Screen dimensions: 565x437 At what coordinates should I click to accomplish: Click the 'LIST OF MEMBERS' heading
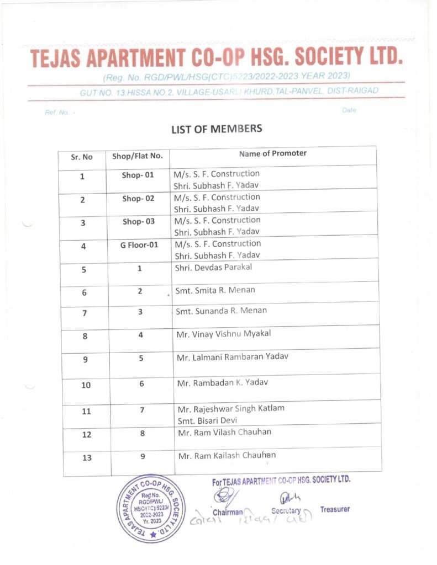point(217,129)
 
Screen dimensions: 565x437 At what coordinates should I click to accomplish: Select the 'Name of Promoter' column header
point(272,153)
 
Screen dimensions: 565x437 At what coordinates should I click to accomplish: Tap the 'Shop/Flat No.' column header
point(138,156)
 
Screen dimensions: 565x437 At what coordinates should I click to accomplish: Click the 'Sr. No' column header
point(82,157)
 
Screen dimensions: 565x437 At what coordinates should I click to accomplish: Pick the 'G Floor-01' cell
point(139,244)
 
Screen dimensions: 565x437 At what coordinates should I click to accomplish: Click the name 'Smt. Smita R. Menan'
point(215,290)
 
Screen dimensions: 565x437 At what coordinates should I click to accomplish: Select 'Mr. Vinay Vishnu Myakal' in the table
point(224,334)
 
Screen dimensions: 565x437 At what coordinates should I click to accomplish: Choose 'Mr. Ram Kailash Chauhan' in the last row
point(227,455)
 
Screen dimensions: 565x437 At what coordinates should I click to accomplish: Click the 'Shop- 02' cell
point(138,199)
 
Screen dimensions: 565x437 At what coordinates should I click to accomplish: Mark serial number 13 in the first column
point(86,457)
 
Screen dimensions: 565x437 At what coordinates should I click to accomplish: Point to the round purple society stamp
point(150,508)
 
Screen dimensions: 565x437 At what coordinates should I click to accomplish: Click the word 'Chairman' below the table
point(228,512)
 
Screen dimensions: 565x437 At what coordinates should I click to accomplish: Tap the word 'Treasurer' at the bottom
point(335,509)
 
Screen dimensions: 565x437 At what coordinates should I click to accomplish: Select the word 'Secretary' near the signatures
point(286,511)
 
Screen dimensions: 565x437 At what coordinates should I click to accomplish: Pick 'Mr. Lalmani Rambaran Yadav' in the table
point(232,357)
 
